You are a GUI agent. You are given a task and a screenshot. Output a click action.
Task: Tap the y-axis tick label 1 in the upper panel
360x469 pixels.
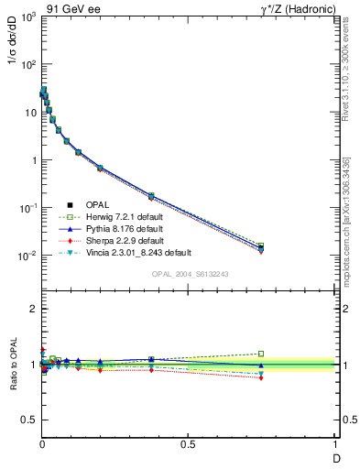(x=32, y=160)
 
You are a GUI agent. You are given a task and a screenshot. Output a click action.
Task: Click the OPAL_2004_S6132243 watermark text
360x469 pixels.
(x=189, y=274)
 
